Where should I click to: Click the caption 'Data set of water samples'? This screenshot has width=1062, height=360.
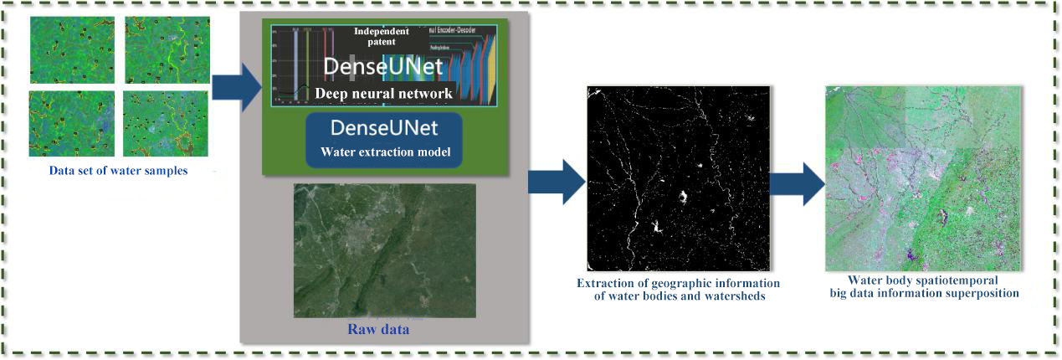[x=117, y=172]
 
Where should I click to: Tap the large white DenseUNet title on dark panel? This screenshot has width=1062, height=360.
[x=384, y=65]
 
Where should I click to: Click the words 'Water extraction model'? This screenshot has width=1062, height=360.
[x=384, y=152]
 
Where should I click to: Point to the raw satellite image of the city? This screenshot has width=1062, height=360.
[x=384, y=250]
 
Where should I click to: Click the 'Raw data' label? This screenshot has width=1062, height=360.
[x=378, y=329]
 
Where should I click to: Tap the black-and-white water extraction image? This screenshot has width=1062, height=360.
[x=678, y=176]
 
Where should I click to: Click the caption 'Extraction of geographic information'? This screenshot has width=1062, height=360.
[x=679, y=282]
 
